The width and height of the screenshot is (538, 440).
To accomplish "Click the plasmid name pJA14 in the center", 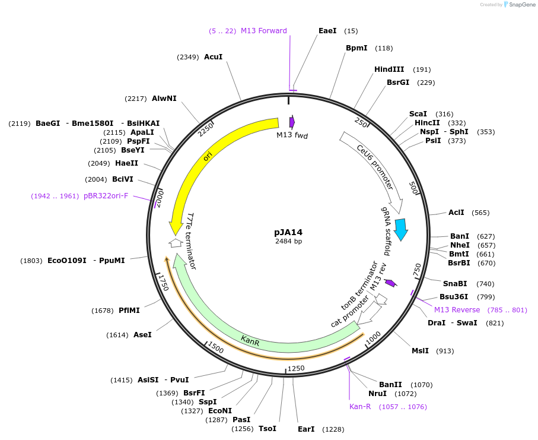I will click(288, 232).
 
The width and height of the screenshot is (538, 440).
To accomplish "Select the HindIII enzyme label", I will click(389, 69).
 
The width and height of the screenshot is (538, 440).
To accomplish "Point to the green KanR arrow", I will click(249, 339).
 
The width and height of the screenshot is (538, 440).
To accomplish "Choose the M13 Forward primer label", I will click(263, 31).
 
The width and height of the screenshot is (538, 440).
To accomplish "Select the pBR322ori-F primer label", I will click(106, 196).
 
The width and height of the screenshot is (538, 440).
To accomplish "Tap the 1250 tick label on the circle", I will click(295, 369).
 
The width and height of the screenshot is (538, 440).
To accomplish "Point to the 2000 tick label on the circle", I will click(160, 194).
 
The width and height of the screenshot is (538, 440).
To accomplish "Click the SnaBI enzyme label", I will click(455, 284).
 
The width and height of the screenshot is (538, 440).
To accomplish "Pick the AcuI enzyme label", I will click(213, 57).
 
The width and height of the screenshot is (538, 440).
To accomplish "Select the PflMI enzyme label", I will click(129, 311).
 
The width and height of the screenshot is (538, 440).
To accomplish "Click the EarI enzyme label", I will click(306, 429).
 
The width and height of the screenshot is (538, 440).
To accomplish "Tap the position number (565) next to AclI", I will click(480, 213).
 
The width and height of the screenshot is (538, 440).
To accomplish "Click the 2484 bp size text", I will click(288, 242).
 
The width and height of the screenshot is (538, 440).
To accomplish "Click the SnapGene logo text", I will click(520, 4).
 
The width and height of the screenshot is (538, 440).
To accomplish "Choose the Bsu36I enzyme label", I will click(454, 297).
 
